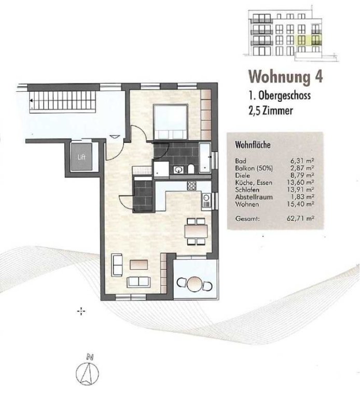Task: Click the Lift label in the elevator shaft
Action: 81,157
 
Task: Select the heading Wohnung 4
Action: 285,76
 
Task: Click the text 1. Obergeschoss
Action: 280,96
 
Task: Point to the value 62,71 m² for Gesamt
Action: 300,219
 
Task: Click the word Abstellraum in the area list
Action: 254,197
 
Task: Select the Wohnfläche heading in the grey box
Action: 253,145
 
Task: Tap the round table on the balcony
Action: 195,284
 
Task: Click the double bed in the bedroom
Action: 171,122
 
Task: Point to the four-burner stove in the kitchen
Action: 192,186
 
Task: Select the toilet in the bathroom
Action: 190,169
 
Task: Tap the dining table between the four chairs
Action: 196,231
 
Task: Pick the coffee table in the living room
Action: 139,265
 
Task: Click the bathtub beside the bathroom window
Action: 205,157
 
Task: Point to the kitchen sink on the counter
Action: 206,201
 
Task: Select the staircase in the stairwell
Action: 63,102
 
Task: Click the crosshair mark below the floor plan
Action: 81,311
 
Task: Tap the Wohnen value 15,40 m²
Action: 300,204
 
